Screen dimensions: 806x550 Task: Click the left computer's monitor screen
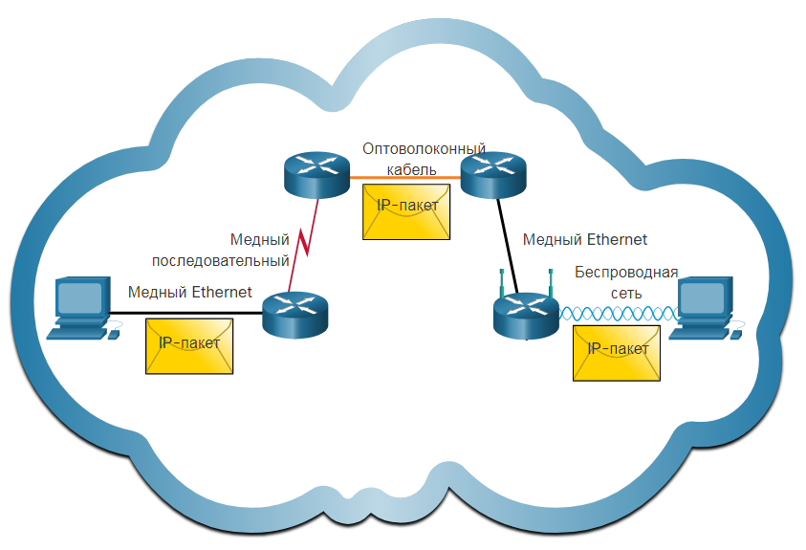(x=79, y=298)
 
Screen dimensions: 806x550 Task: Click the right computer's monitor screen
(x=701, y=297)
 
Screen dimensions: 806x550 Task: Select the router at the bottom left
(x=294, y=315)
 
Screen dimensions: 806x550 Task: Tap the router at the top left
(x=316, y=175)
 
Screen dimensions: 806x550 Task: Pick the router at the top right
(x=493, y=175)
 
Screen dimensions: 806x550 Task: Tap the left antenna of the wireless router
(x=502, y=283)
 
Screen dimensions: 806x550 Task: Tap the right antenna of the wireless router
(x=551, y=283)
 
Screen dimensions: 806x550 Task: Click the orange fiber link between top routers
(x=405, y=178)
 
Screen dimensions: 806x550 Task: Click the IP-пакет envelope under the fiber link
(x=406, y=211)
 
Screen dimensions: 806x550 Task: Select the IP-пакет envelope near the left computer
(x=189, y=346)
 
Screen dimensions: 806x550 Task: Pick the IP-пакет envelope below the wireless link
(x=617, y=353)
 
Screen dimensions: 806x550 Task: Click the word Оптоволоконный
(x=425, y=149)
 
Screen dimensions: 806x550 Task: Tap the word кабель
(x=411, y=169)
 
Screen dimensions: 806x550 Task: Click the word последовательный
(x=221, y=261)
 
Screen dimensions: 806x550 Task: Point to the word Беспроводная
(x=626, y=272)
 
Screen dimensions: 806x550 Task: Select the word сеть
(x=626, y=294)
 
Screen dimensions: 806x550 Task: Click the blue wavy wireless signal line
(x=619, y=314)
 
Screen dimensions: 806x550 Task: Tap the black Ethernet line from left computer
(x=185, y=313)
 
